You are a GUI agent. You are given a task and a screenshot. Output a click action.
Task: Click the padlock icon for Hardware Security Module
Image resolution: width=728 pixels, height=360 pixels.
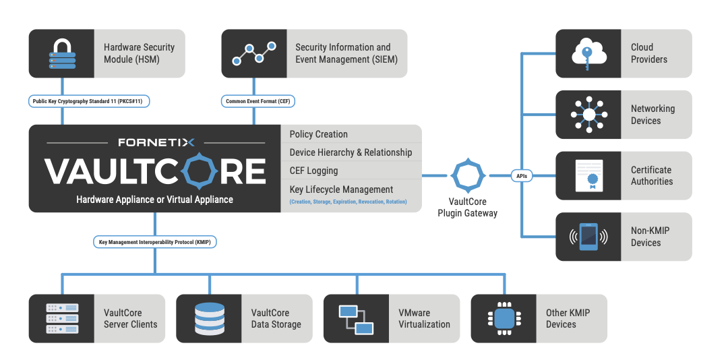click(x=62, y=54)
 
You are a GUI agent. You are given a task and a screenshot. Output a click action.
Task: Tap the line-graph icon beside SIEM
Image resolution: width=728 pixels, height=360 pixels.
click(x=254, y=53)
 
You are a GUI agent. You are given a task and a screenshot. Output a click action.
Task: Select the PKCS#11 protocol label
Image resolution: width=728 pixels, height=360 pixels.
click(x=89, y=101)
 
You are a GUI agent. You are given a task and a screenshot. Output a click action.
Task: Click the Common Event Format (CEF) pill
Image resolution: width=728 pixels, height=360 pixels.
click(x=257, y=101)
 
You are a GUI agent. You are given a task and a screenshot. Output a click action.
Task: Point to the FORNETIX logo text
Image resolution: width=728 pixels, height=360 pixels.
click(x=156, y=142)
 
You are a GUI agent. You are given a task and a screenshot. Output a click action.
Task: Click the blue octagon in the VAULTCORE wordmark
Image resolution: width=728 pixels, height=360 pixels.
click(x=199, y=171)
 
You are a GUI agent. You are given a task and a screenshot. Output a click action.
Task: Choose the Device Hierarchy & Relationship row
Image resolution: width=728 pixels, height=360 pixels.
click(x=351, y=152)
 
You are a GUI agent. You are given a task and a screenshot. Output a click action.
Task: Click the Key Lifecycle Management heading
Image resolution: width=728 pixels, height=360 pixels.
click(x=341, y=189)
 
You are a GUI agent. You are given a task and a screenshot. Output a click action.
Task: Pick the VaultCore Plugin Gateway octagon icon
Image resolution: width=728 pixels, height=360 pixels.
click(x=468, y=175)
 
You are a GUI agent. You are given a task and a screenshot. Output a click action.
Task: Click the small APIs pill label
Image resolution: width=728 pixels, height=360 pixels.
click(x=522, y=176)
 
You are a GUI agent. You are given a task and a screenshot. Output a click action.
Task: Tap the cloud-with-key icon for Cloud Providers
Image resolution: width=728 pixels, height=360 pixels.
click(x=588, y=54)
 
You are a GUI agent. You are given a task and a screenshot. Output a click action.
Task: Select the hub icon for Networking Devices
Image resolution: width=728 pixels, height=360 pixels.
click(x=588, y=115)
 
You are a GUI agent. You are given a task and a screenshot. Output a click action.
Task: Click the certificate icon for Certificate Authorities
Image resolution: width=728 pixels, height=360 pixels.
click(x=588, y=175)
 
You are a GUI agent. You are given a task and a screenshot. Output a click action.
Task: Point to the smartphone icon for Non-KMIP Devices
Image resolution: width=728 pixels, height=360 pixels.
click(x=588, y=237)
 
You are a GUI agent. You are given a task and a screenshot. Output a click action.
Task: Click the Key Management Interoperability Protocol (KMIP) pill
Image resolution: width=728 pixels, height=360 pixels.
click(x=155, y=242)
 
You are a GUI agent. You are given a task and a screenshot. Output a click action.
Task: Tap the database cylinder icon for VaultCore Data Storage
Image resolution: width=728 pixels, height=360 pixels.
click(x=209, y=319)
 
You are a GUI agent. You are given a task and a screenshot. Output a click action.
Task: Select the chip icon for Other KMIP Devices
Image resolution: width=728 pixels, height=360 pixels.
click(x=504, y=319)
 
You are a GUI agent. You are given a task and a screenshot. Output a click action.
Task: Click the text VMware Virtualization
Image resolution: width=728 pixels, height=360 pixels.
click(x=424, y=319)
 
